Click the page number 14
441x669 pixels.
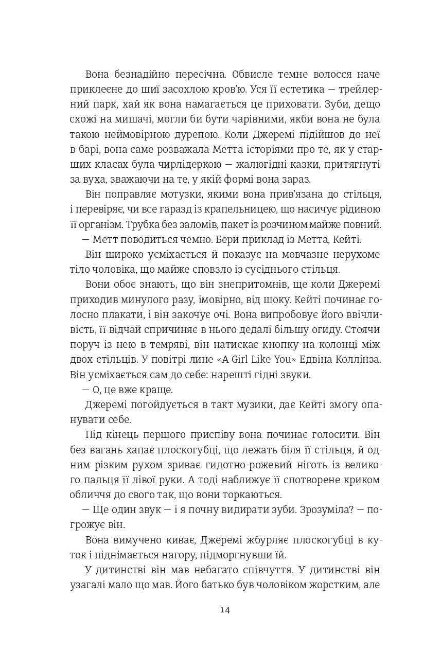point(224,610)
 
